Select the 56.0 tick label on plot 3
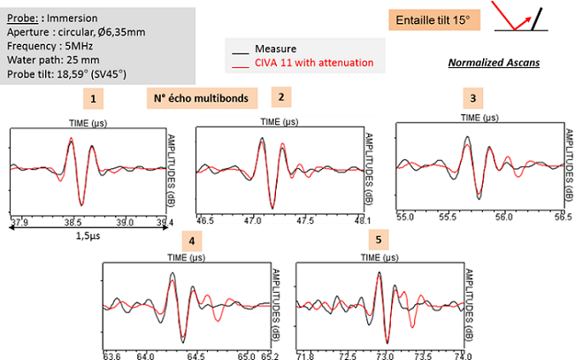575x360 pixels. coord(503,215)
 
